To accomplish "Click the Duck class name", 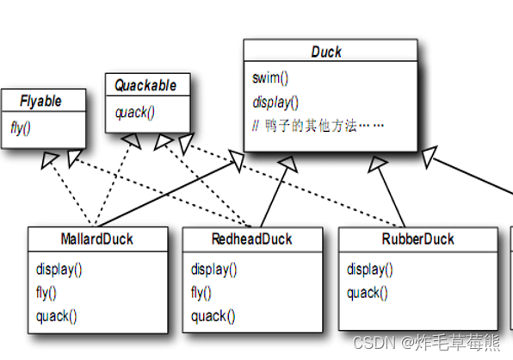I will point(327,52).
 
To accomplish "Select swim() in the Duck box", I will point(270,78).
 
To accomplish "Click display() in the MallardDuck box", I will point(59,269).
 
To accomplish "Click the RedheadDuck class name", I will point(251,239).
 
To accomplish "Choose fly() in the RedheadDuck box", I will point(202,292).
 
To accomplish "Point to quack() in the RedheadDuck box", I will point(211,315).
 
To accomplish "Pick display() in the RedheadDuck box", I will point(214,269).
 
